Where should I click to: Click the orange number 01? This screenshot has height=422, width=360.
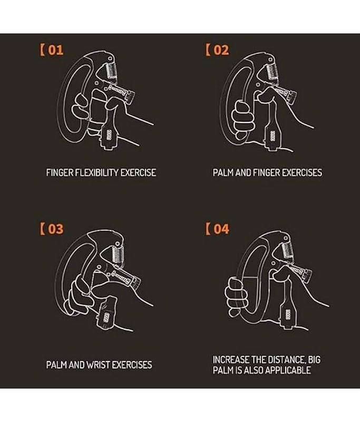click(56, 50)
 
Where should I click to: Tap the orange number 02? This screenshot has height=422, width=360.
click(221, 50)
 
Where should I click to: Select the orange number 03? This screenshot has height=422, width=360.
click(56, 229)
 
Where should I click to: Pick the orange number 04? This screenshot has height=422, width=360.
click(221, 229)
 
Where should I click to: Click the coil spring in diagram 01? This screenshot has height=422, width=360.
click(111, 71)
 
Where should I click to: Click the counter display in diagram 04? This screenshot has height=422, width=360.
click(288, 315)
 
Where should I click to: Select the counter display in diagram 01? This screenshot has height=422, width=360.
click(110, 135)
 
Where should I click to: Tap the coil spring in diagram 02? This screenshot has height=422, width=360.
click(274, 71)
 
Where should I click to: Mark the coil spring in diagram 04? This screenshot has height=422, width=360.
click(288, 251)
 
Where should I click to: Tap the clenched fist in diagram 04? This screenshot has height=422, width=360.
click(236, 296)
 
